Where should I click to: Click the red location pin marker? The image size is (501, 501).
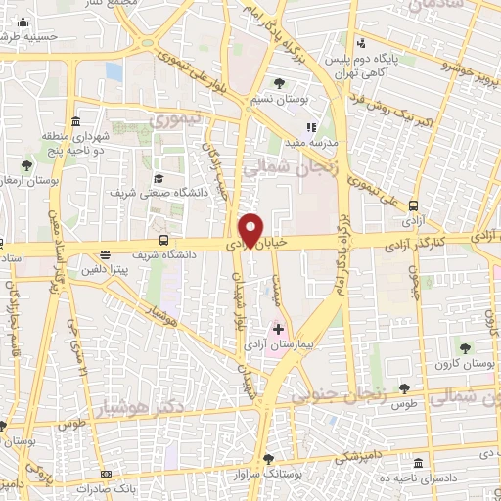coord(253,229)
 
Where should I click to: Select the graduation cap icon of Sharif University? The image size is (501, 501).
coord(159,178)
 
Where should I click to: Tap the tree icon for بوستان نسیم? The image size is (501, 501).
coord(281,82)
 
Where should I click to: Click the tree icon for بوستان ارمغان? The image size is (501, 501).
coord(24,166)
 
